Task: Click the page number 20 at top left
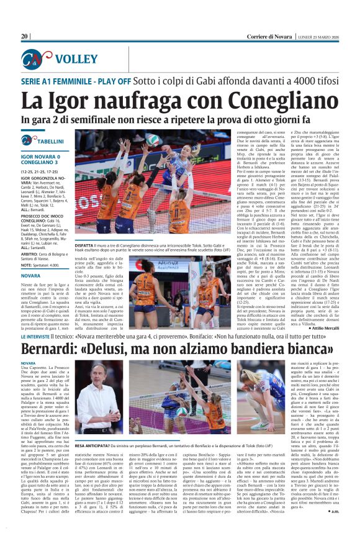point(25,37)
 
